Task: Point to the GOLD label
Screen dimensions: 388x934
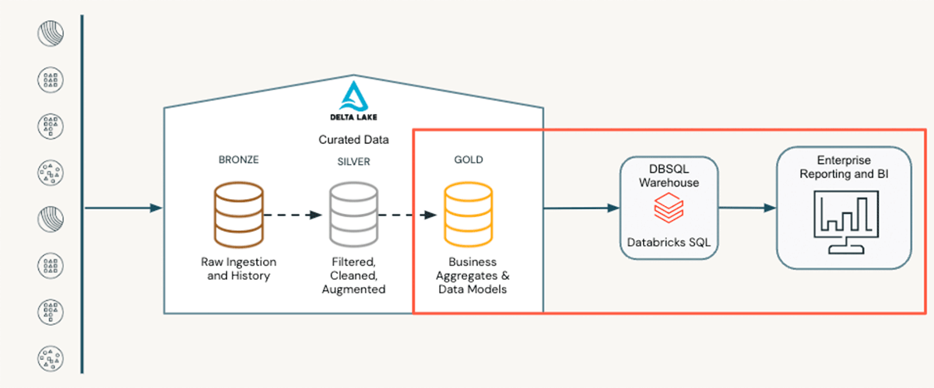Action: [x=468, y=160]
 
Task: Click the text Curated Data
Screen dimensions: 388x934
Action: [x=353, y=140]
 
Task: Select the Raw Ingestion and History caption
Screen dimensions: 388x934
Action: [x=238, y=268]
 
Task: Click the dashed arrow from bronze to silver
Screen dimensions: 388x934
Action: [x=292, y=212]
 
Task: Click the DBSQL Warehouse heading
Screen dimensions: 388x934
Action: [x=669, y=175]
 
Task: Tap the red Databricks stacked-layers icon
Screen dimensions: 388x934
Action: [x=669, y=208]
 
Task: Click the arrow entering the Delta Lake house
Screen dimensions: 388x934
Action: [x=123, y=208]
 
